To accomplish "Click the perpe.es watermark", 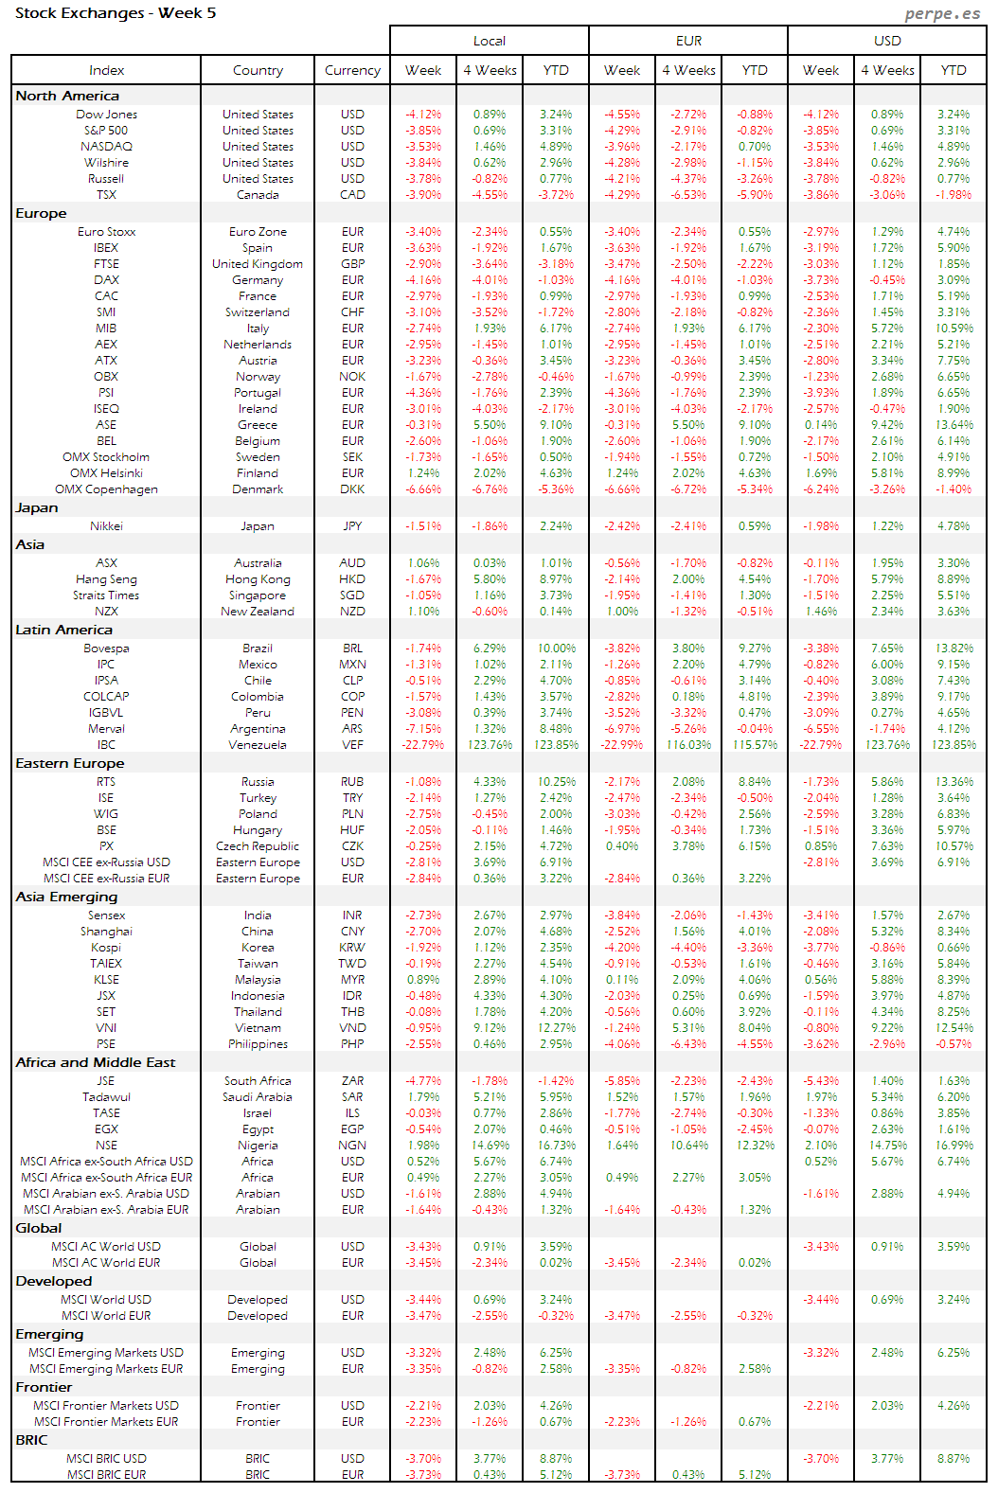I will (942, 13).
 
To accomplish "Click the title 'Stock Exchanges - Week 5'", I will (116, 13).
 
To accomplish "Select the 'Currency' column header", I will (352, 70).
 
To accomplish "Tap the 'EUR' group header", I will (688, 41).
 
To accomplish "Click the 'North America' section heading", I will (67, 96).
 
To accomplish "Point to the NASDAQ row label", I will (106, 147).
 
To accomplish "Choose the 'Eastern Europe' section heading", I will (70, 763).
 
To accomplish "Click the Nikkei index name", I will (106, 526).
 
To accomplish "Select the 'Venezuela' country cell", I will (258, 745).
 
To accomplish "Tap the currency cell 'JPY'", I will (352, 526).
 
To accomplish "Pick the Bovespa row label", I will (106, 649).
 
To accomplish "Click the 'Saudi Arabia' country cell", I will (258, 1097).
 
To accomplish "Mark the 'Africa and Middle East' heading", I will (96, 1062).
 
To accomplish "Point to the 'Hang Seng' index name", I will (106, 579).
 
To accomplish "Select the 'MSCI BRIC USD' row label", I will (106, 1459).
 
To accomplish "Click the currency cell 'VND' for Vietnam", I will (352, 1028).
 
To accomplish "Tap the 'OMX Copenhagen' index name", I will (106, 489).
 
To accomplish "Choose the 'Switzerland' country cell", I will (258, 312).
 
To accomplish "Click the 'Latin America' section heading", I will (63, 630).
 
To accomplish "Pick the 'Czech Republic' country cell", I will (258, 846).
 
